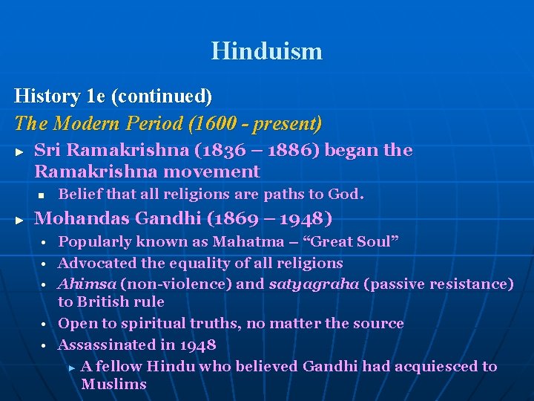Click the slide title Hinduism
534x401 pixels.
[x=266, y=51]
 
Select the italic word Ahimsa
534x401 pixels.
[x=86, y=284]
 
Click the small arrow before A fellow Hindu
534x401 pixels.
[x=71, y=367]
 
